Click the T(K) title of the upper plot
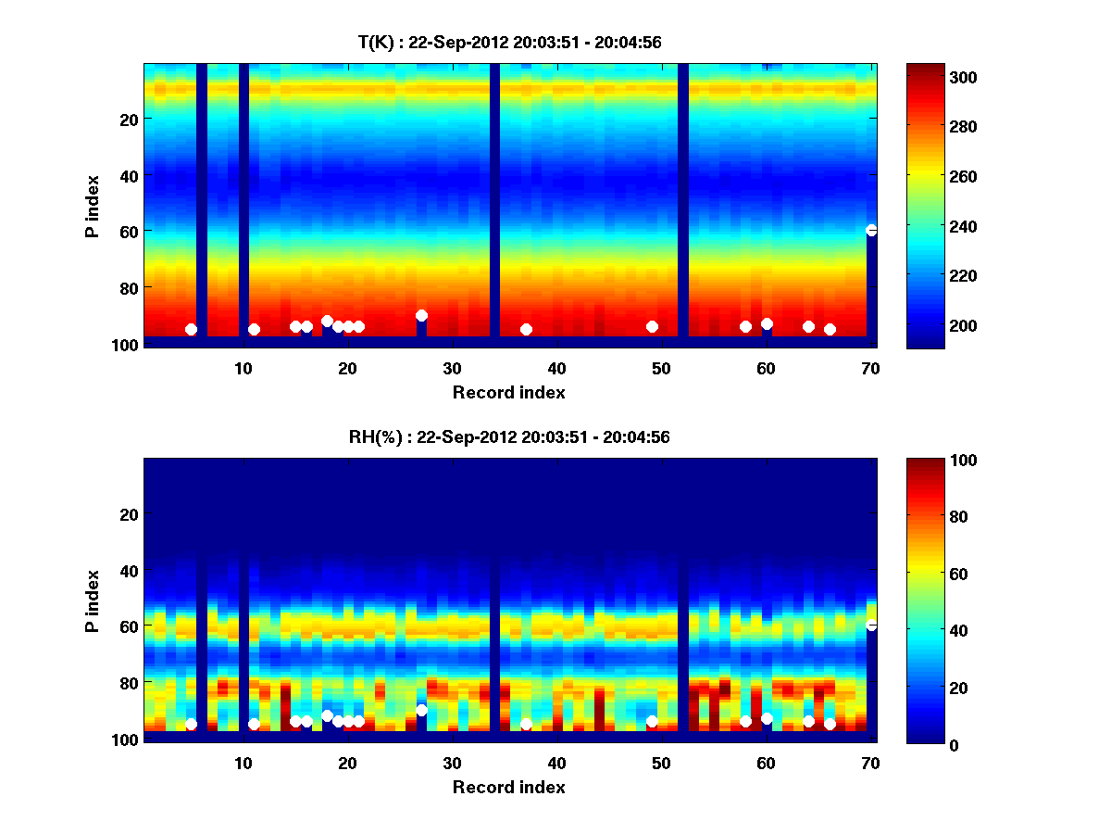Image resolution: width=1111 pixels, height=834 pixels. (509, 42)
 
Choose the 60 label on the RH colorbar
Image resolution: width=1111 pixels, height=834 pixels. (929, 575)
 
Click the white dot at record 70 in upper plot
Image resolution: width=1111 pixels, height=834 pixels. (871, 230)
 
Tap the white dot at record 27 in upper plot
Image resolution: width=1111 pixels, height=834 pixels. (421, 315)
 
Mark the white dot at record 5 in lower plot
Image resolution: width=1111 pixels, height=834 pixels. (191, 724)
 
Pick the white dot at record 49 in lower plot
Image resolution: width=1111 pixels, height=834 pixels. (652, 721)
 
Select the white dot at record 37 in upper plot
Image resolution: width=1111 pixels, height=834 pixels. (526, 329)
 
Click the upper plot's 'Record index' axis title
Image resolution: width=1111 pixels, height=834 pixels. (508, 392)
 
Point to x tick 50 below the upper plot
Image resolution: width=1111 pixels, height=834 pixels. (661, 368)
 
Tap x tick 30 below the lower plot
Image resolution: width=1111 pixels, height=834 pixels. (452, 763)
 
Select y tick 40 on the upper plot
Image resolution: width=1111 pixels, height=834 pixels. (127, 175)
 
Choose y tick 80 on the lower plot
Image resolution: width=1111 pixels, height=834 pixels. (127, 683)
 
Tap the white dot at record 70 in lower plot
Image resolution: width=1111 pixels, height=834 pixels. (871, 625)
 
